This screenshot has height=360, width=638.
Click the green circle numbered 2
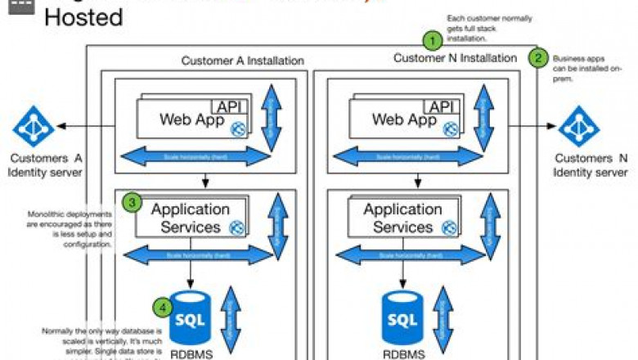(x=538, y=57)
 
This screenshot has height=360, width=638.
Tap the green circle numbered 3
(x=132, y=201)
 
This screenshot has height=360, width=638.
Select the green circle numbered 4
(x=164, y=308)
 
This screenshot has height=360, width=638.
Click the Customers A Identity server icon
(x=34, y=126)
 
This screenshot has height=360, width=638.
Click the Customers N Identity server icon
(x=579, y=126)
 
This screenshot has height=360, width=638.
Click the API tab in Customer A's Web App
(x=231, y=106)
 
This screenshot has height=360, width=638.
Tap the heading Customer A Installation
(x=242, y=61)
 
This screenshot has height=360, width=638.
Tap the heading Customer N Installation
(x=455, y=58)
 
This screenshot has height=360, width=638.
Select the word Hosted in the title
(x=83, y=16)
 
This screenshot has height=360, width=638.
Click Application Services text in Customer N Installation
(x=402, y=218)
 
